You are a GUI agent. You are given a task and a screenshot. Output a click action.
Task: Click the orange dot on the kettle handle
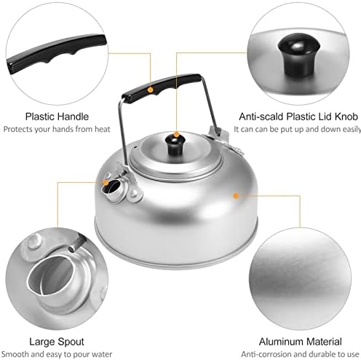(151, 90)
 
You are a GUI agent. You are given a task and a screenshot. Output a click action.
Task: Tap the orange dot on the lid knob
(177, 134)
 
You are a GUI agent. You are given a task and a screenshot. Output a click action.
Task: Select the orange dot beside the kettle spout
(106, 182)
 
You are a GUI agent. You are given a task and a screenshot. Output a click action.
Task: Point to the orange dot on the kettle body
(236, 195)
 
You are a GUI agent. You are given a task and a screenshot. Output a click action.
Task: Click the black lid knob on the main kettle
(175, 145)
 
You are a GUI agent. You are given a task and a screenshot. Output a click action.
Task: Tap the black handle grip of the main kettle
(162, 88)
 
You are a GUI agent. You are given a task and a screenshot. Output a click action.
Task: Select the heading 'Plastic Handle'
(57, 117)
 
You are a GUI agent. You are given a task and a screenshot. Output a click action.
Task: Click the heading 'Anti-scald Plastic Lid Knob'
(298, 117)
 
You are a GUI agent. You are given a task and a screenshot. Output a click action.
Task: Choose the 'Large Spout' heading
(57, 342)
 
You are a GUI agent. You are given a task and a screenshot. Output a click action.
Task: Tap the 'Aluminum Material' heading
(301, 342)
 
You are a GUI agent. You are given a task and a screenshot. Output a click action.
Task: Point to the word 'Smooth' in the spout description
(16, 354)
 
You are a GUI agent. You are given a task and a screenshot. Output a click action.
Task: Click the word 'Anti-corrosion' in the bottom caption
(266, 354)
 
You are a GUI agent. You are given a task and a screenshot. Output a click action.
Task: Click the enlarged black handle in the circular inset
(57, 54)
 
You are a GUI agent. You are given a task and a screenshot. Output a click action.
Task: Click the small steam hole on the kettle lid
(135, 147)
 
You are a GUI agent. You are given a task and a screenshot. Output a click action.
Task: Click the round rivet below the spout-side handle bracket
(134, 195)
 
